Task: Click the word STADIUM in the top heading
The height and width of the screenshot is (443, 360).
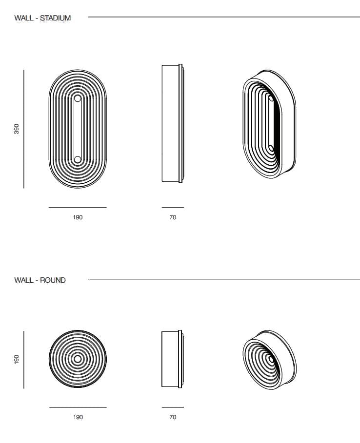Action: [56, 18]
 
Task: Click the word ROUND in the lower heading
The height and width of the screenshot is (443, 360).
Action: [53, 280]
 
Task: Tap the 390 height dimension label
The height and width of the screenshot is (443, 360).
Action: [17, 129]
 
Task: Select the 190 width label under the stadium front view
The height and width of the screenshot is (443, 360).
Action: [78, 217]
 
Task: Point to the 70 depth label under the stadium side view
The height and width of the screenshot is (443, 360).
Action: [173, 217]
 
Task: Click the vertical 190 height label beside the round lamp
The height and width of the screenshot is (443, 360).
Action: [17, 359]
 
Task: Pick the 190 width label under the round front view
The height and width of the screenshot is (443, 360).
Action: [78, 417]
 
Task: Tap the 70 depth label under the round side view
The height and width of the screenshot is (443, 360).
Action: [173, 417]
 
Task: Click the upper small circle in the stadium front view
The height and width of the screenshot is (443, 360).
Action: [78, 98]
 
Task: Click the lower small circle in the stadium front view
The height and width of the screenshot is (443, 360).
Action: [78, 160]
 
